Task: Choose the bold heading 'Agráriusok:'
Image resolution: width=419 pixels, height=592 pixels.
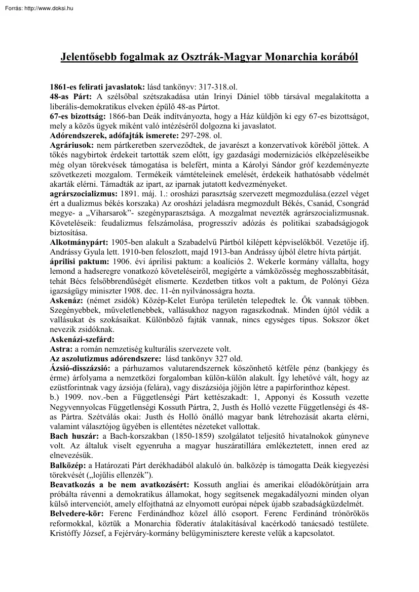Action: (x=72, y=145)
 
